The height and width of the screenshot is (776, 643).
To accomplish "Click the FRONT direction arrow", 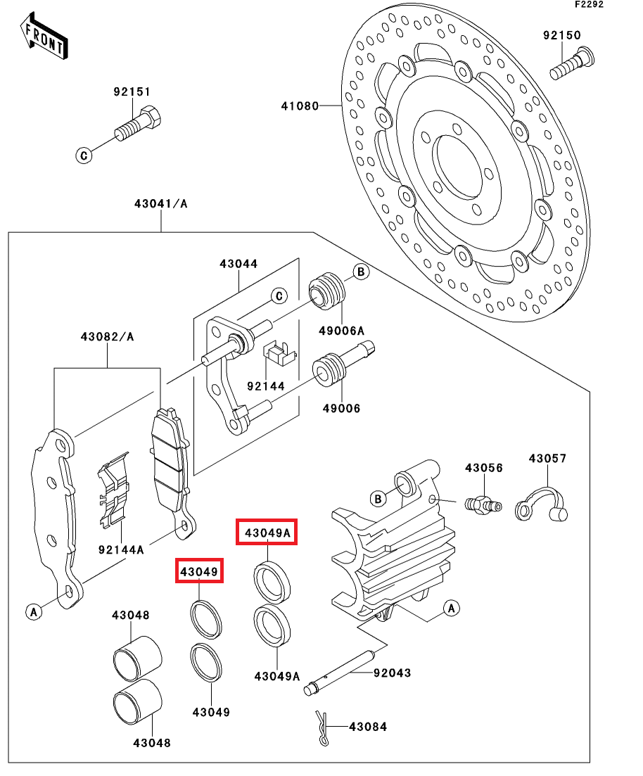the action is [44, 36].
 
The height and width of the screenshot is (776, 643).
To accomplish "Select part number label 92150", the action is [562, 35].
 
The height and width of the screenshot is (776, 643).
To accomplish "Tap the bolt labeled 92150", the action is [572, 63].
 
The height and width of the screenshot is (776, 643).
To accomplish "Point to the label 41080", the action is [300, 106].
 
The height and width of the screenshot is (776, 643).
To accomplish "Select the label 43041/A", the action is [161, 203].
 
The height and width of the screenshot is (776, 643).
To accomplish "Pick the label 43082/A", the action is [108, 336].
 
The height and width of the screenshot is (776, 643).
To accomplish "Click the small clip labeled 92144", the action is [280, 353].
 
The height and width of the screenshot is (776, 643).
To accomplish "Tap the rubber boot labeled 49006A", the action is [326, 291].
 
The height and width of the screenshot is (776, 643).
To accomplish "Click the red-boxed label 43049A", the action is [267, 533].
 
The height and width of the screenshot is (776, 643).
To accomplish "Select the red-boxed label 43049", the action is [199, 571].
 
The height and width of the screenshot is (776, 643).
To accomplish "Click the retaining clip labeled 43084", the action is [322, 727].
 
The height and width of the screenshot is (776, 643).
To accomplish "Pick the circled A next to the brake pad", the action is [34, 611].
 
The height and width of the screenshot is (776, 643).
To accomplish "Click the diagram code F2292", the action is [589, 4].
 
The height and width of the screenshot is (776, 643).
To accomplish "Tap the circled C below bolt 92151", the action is [84, 155].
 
